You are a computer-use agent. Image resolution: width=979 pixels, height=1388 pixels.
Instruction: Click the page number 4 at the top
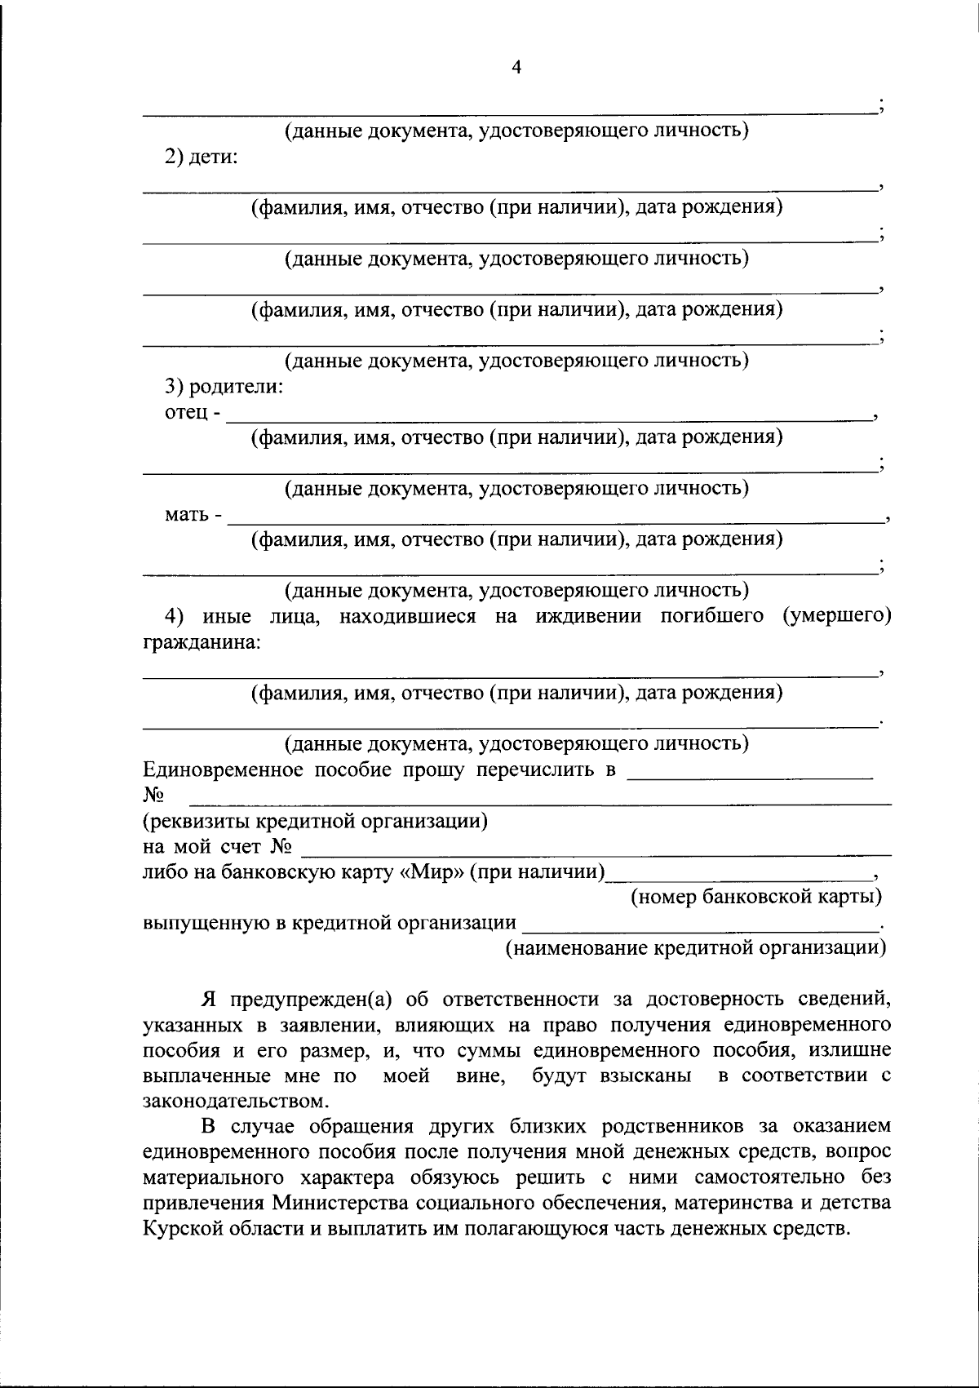[x=515, y=68]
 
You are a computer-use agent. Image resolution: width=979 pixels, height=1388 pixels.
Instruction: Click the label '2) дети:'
[x=202, y=157]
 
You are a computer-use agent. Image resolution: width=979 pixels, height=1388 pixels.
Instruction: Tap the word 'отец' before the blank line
[x=186, y=413]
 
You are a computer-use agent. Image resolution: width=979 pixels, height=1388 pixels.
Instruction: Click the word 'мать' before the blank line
[x=187, y=515]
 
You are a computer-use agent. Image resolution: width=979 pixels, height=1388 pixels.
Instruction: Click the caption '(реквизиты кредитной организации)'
[x=315, y=821]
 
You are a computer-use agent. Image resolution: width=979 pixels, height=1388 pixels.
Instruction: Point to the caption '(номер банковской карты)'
[x=756, y=898]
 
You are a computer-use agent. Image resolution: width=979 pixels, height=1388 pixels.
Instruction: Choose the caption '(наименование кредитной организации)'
[x=695, y=948]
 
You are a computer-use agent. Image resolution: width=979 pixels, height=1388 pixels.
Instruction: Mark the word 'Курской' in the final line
[x=183, y=1228]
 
